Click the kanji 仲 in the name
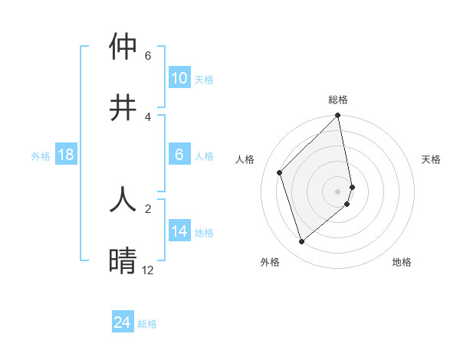pyautogui.click(x=124, y=47)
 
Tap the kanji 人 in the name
pyautogui.click(x=124, y=198)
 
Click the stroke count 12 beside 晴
pyautogui.click(x=147, y=270)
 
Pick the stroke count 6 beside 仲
pyautogui.click(x=148, y=56)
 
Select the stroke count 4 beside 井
pyautogui.click(x=148, y=116)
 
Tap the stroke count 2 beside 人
pyautogui.click(x=148, y=208)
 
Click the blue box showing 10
pyautogui.click(x=179, y=78)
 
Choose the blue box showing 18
pyautogui.click(x=66, y=155)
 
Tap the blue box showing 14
pyautogui.click(x=179, y=231)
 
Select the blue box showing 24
pyautogui.click(x=123, y=322)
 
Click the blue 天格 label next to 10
pyautogui.click(x=204, y=80)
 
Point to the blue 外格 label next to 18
pyautogui.click(x=41, y=156)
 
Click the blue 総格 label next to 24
pyautogui.click(x=147, y=324)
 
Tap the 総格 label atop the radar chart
pyautogui.click(x=338, y=100)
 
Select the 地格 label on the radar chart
pyautogui.click(x=402, y=262)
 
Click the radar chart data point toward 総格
pyautogui.click(x=338, y=116)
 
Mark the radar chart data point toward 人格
pyautogui.click(x=280, y=172)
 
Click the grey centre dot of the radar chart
pyautogui.click(x=338, y=191)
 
